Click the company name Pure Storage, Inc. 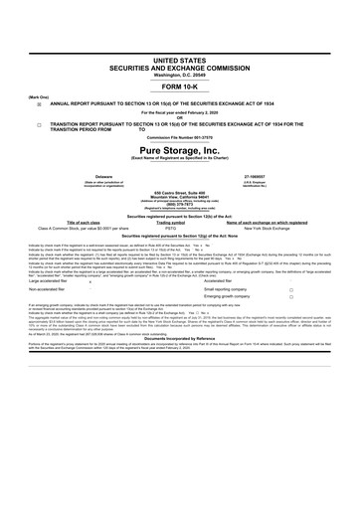(179, 151)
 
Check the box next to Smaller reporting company (290, 291)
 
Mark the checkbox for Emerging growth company (290, 300)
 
